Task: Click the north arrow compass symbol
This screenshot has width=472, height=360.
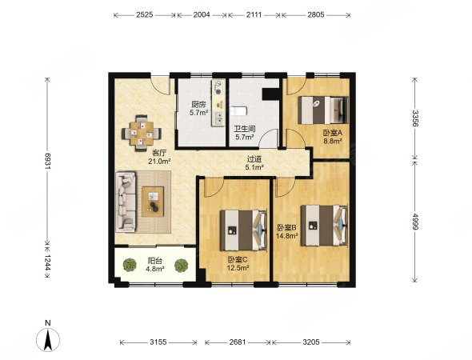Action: (48, 339)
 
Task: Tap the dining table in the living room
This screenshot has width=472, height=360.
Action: (142, 134)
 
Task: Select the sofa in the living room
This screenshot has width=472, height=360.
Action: (126, 202)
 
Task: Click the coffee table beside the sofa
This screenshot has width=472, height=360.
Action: (153, 202)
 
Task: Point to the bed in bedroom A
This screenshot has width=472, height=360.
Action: (323, 110)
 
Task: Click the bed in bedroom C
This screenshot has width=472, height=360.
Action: (243, 230)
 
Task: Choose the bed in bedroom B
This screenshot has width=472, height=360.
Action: (325, 226)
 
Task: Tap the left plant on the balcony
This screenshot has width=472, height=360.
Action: (130, 265)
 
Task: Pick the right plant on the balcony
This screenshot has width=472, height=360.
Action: (182, 266)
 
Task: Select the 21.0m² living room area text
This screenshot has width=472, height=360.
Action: (159, 162)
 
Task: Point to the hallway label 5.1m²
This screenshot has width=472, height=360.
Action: (254, 167)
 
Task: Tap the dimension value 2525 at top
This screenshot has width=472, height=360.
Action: (145, 14)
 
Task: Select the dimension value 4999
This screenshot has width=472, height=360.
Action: (415, 222)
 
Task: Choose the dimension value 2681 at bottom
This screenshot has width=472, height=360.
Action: (238, 342)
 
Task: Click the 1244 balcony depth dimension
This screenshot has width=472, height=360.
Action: (47, 263)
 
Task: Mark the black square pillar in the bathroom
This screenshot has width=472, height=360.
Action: (270, 94)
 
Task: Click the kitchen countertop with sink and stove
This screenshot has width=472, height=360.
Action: (218, 103)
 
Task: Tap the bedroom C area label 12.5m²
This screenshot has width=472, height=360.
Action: (238, 268)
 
